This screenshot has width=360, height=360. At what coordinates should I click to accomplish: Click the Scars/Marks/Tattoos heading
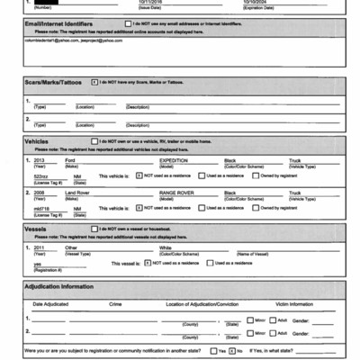52,83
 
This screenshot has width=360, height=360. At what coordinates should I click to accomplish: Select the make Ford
70,160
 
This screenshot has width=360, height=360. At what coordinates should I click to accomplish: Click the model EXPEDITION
174,160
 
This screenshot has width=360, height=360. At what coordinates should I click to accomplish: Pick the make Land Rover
78,193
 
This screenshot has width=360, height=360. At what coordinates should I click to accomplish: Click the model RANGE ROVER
176,193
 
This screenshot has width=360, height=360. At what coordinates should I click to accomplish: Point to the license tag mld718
41,207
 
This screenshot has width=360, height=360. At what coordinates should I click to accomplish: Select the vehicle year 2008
40,193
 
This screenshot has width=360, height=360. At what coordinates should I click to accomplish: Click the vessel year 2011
39,247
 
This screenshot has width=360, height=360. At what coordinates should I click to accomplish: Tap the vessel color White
165,247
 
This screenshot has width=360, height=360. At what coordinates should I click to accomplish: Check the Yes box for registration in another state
211,350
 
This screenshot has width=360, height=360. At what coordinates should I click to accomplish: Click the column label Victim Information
293,304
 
